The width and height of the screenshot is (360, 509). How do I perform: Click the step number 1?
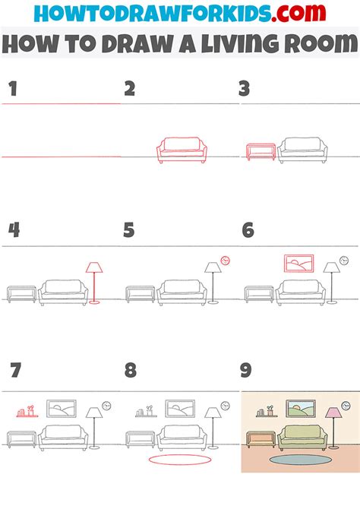point(11,90)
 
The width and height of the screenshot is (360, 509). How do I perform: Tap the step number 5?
point(129,229)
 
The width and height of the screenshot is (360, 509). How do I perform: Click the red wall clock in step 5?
point(225,261)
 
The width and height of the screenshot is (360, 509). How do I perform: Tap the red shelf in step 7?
point(27,413)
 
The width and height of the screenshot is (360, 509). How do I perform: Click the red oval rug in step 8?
point(175,460)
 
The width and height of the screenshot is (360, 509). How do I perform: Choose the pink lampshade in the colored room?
point(333,413)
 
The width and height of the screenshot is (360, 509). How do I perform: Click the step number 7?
point(15,371)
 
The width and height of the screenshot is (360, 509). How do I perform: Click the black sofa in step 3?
point(302,149)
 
